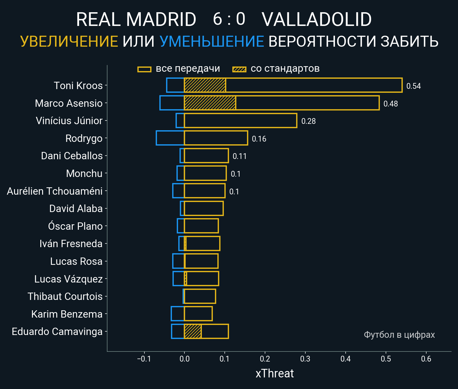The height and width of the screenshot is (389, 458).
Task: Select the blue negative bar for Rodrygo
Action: click(170, 138)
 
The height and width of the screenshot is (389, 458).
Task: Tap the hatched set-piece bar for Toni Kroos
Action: click(205, 85)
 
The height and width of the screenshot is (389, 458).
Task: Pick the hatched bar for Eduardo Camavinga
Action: click(193, 331)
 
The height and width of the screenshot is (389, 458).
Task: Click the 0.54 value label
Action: click(413, 86)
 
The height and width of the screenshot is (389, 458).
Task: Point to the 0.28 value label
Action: click(308, 121)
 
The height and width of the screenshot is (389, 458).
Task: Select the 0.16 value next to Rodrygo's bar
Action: click(259, 139)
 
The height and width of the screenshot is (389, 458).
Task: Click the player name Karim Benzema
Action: click(67, 314)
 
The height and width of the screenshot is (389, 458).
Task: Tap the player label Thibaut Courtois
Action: click(65, 296)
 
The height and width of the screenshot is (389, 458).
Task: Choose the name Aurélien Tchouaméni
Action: click(55, 191)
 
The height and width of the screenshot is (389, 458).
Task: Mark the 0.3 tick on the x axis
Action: click(305, 358)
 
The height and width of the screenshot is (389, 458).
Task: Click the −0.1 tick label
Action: click(144, 358)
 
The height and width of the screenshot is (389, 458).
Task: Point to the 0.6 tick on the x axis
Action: click(426, 358)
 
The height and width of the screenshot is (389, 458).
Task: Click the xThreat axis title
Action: click(274, 373)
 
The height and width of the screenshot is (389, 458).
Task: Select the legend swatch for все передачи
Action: click(144, 69)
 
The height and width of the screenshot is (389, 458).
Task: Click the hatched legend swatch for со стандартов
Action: click(239, 69)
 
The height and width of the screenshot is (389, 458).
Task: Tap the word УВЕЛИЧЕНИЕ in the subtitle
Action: click(69, 41)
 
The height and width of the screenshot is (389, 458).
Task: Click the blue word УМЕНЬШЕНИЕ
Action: click(212, 41)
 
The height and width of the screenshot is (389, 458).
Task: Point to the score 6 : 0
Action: click(229, 19)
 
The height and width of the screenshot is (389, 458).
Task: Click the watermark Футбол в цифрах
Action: click(399, 335)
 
